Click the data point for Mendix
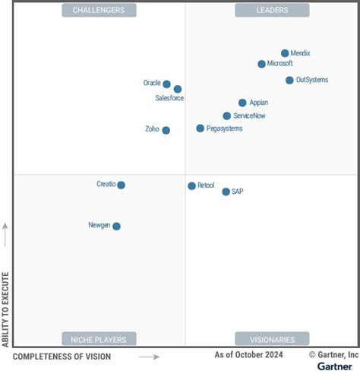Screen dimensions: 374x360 click(285, 53)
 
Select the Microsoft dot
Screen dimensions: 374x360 click(261, 64)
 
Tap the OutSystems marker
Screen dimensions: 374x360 click(289, 80)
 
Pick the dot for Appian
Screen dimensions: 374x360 click(242, 103)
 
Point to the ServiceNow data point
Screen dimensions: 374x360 click(227, 116)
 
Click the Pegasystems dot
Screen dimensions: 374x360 click(201, 128)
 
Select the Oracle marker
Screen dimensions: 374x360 click(167, 84)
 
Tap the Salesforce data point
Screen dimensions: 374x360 click(178, 89)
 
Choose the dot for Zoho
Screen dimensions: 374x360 click(166, 130)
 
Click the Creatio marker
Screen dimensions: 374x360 click(121, 185)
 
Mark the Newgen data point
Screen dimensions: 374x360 click(116, 226)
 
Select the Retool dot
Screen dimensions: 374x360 click(191, 185)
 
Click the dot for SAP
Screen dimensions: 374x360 click(226, 192)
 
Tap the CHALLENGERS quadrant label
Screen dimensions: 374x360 click(99, 10)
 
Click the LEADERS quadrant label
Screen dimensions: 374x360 click(272, 10)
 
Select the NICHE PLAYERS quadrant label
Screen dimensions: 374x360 click(99, 339)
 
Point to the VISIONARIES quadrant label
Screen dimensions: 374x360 click(272, 339)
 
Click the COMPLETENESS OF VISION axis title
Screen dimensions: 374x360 click(62, 357)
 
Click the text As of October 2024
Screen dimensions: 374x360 click(249, 355)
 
